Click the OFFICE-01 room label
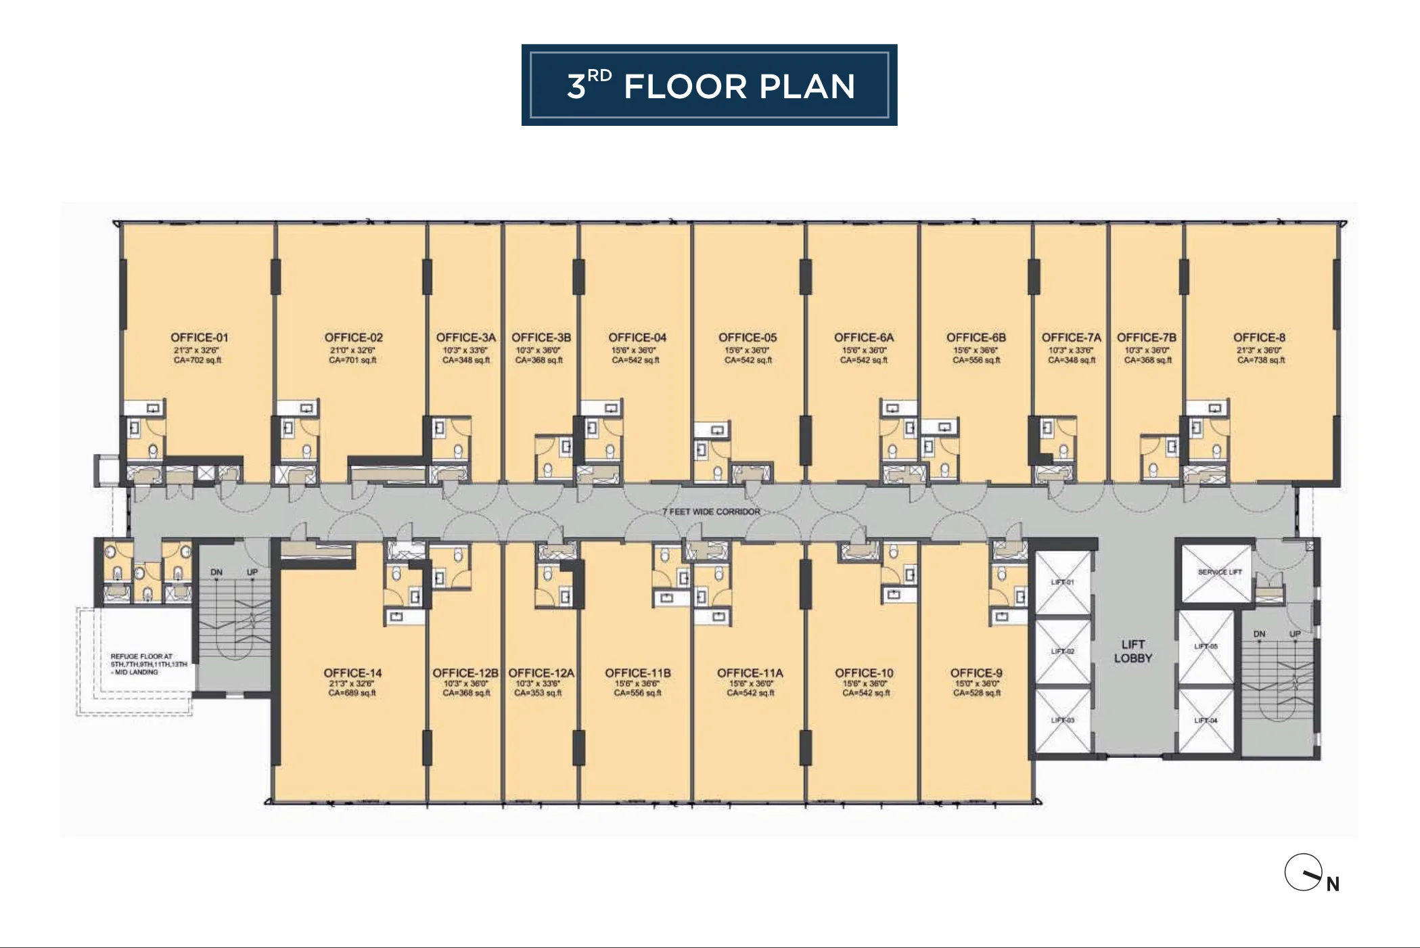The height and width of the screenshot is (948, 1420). click(199, 338)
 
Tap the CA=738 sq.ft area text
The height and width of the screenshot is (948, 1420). click(1261, 361)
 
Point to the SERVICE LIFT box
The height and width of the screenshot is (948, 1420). click(1219, 572)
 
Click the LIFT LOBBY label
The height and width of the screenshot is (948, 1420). click(1132, 651)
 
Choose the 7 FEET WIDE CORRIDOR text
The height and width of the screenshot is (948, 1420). click(711, 512)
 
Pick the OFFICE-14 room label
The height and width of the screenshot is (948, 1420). click(352, 673)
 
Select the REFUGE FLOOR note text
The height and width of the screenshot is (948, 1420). click(146, 664)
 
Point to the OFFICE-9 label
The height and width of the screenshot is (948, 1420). click(976, 673)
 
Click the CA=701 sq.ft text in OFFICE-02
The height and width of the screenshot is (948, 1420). click(352, 361)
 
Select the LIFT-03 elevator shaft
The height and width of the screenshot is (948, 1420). click(1062, 720)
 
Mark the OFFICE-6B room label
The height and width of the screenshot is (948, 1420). click(976, 338)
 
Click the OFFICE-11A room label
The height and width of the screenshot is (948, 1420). click(750, 673)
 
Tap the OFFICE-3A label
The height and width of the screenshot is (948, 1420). click(465, 338)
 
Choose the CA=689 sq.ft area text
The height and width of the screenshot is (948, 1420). click(352, 693)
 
